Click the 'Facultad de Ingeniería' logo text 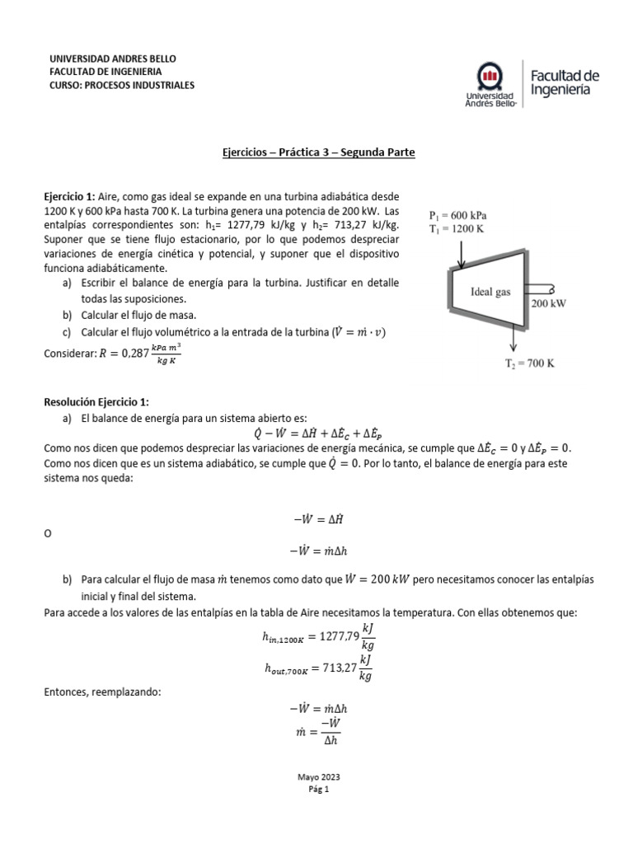tap(565, 82)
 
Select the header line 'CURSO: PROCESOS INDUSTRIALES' tap(122, 85)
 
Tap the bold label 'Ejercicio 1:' tap(69, 197)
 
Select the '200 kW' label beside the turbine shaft tap(551, 303)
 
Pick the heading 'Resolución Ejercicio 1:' tap(96, 401)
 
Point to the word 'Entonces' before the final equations tap(68, 692)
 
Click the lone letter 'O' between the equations tap(47, 534)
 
